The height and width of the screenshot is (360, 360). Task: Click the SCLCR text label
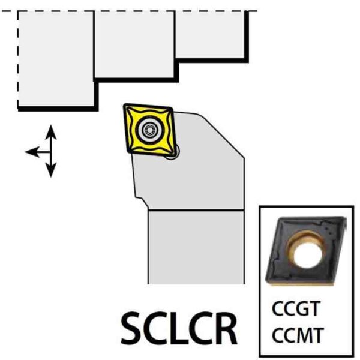[179, 328]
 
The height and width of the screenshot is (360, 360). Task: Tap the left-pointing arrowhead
[31, 151]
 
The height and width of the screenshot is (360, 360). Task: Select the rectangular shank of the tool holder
[196, 246]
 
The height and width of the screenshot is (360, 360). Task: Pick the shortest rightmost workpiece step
[210, 34]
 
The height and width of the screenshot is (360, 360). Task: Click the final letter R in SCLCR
[226, 328]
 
